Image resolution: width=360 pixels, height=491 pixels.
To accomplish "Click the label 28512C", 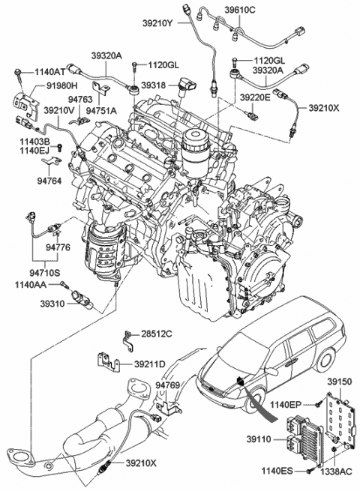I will point(157,333).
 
